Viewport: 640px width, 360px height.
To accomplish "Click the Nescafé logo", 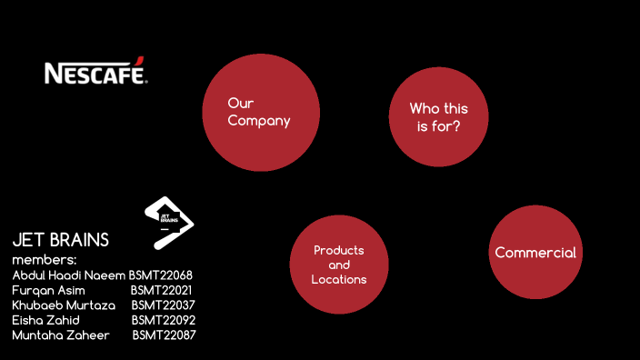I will tap(95, 73).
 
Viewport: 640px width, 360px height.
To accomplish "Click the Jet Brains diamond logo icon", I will tap(169, 221).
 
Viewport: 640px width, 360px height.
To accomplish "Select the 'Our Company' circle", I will tap(261, 111).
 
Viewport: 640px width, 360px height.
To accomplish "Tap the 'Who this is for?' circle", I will tap(438, 117).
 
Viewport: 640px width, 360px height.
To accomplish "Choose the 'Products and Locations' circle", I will tap(338, 264).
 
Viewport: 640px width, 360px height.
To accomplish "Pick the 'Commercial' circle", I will tap(535, 252).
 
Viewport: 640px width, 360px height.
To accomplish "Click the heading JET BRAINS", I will tap(60, 240).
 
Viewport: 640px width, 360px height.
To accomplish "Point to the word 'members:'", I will tap(44, 259).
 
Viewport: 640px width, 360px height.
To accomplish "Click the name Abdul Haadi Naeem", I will tap(68, 275).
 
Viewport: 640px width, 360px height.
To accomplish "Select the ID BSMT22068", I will tap(160, 275).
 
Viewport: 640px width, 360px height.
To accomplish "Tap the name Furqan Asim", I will tap(48, 289).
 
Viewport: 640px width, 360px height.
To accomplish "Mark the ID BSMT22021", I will tap(161, 289).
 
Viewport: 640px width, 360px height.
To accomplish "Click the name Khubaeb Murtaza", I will tap(64, 305).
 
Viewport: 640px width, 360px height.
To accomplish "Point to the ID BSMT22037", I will tap(163, 305).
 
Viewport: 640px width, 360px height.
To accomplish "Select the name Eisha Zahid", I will tap(45, 320).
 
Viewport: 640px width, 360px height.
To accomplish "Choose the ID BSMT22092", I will tap(163, 320).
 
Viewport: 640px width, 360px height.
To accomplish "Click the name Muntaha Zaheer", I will tap(60, 335).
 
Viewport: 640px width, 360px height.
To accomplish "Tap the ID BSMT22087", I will tap(164, 335).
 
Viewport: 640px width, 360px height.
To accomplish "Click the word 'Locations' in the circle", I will tap(338, 279).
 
